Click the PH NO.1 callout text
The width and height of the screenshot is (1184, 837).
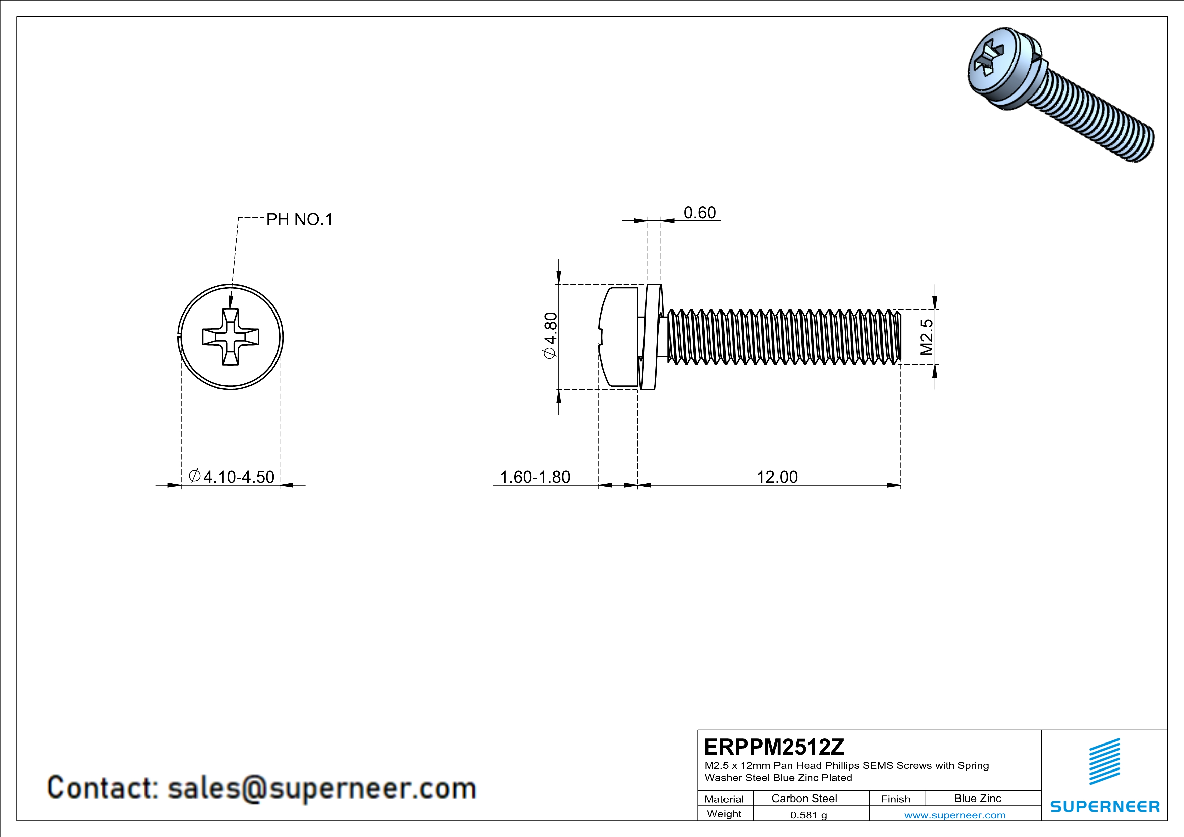[x=299, y=220]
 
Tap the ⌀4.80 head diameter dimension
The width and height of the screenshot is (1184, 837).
[x=550, y=335]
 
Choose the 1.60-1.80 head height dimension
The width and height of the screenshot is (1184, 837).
[x=535, y=477]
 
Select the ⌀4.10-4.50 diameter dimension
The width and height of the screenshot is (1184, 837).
[x=232, y=477]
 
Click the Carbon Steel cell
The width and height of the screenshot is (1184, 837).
[x=804, y=798]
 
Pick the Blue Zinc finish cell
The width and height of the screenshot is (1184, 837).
[x=977, y=798]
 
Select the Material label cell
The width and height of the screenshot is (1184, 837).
[x=724, y=799]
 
